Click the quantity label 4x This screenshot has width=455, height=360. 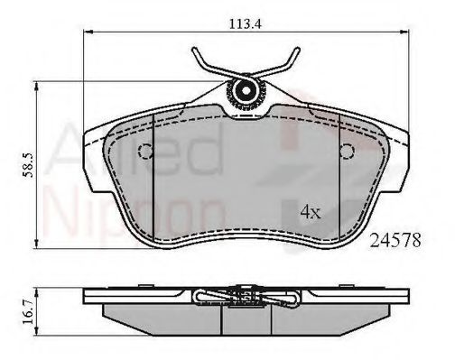point(311,213)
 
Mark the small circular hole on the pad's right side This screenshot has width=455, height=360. point(343,150)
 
